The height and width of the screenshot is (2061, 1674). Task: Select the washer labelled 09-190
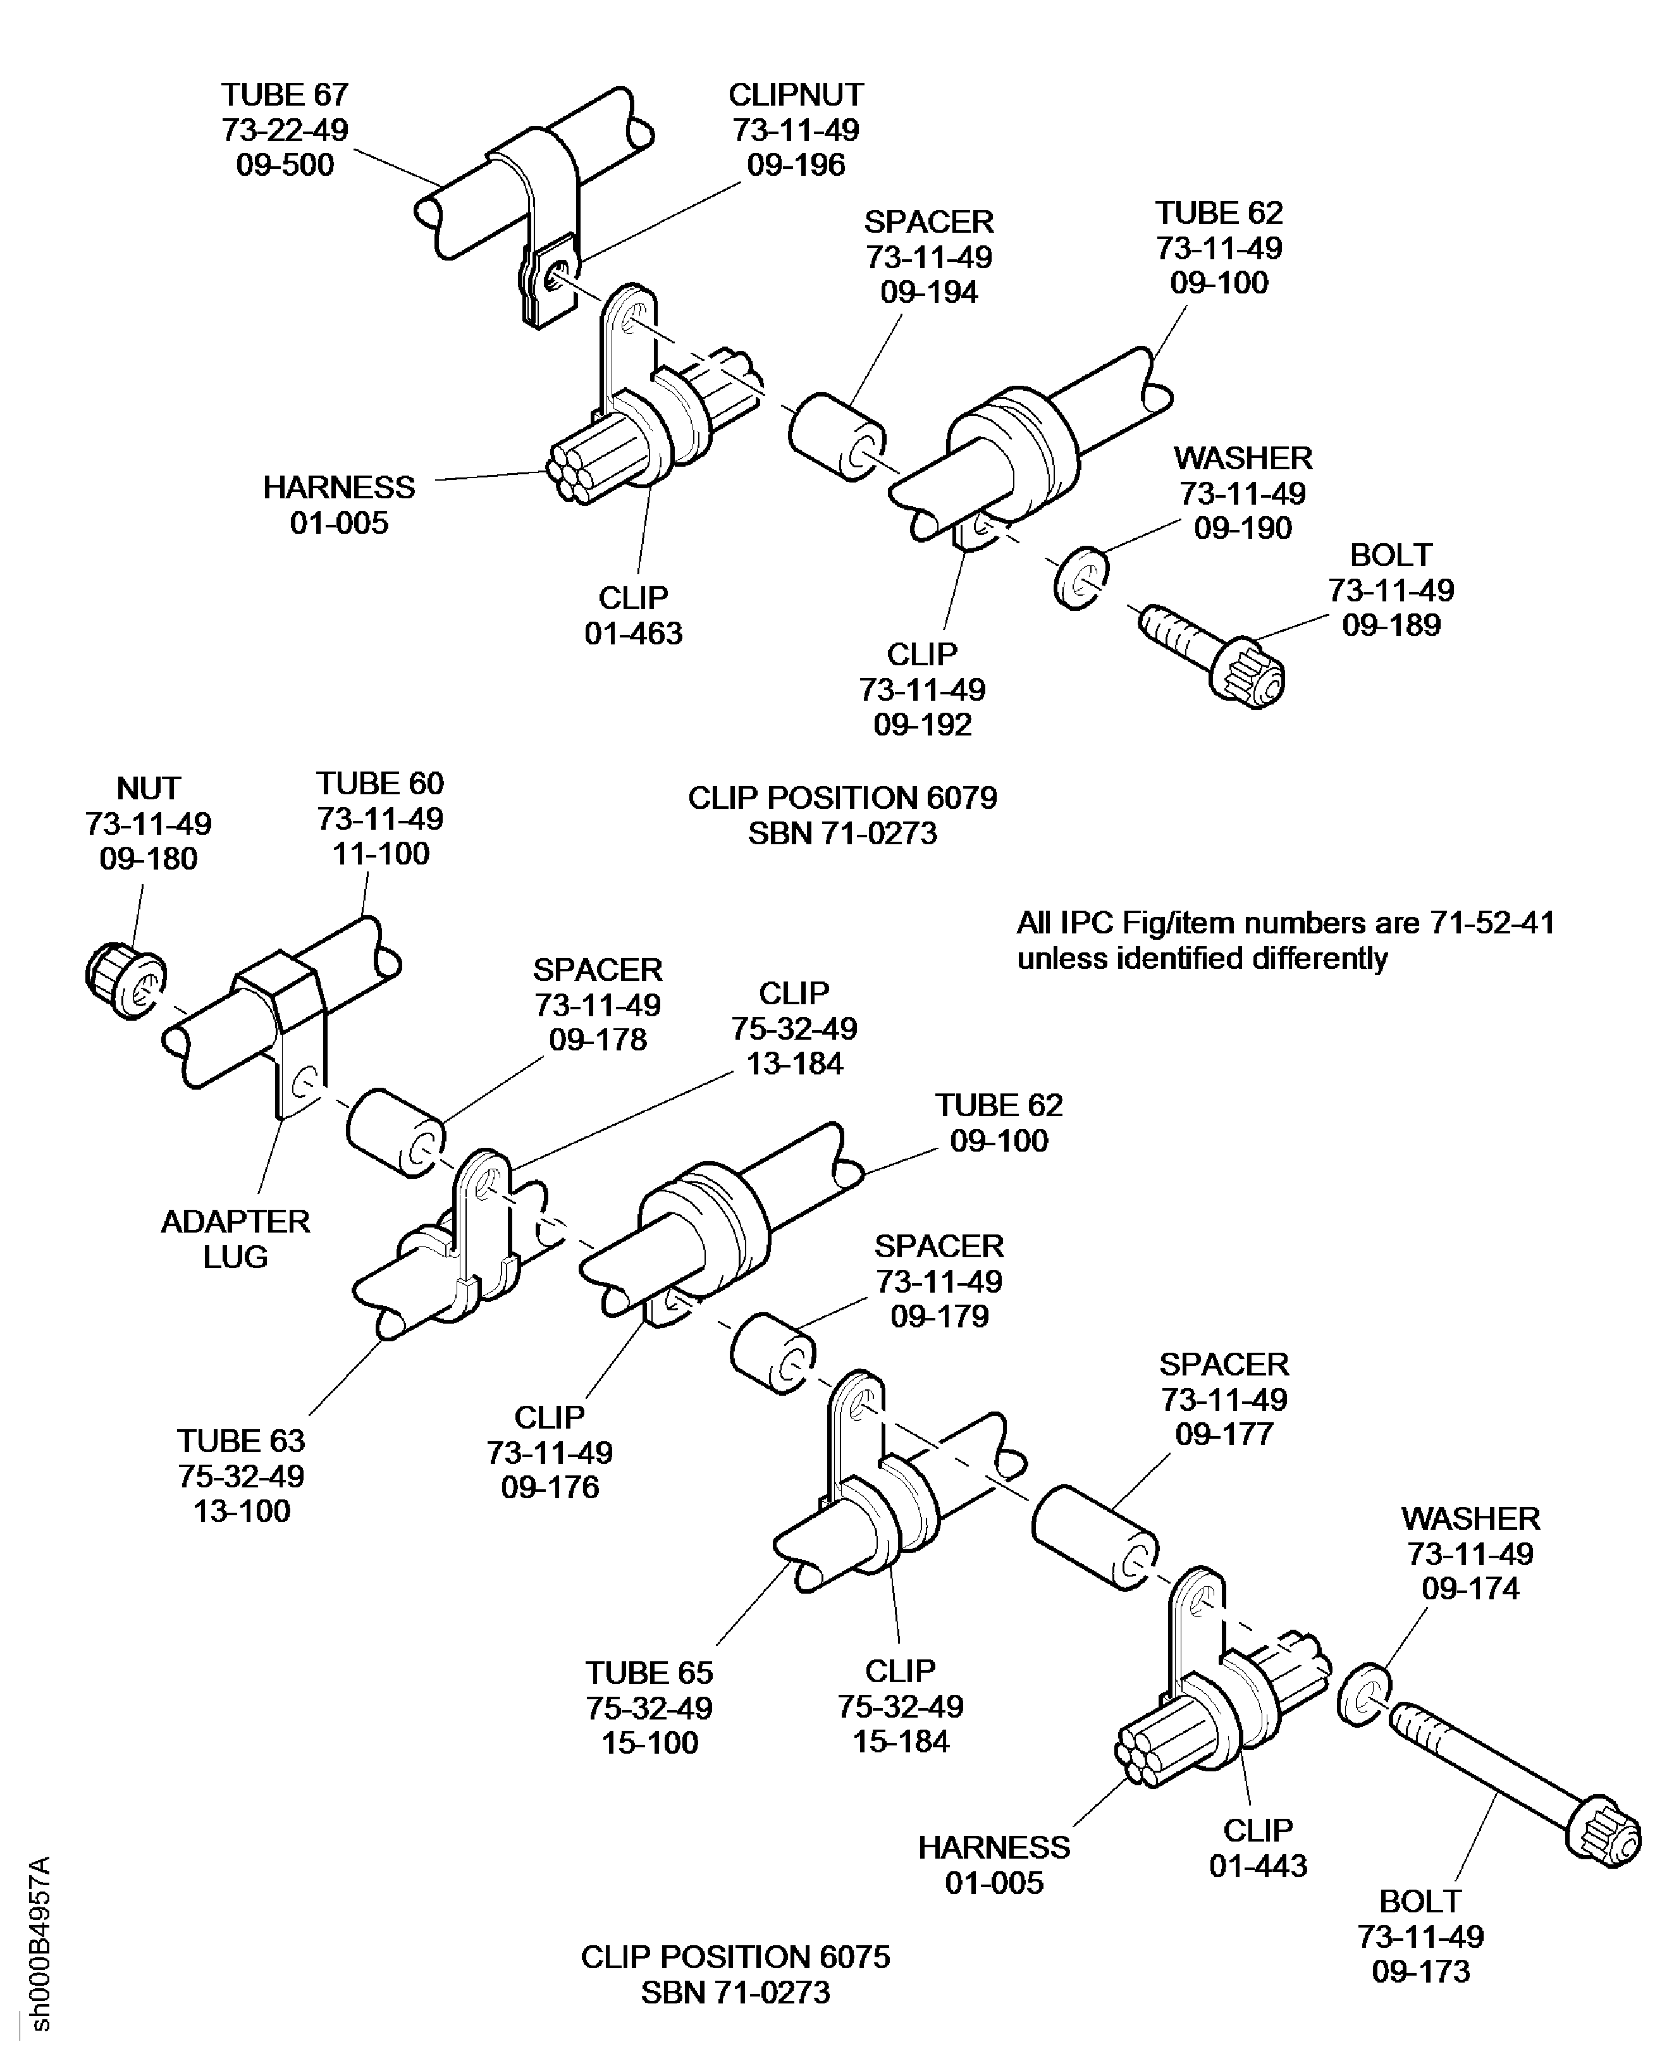pyautogui.click(x=1081, y=579)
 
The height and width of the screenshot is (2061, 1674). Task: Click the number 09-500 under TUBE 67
pyautogui.click(x=285, y=165)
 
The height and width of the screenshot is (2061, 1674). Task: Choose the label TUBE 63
pyautogui.click(x=241, y=1441)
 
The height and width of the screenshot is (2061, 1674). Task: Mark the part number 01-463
pyautogui.click(x=634, y=634)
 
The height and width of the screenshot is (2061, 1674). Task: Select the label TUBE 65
pyautogui.click(x=649, y=1672)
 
